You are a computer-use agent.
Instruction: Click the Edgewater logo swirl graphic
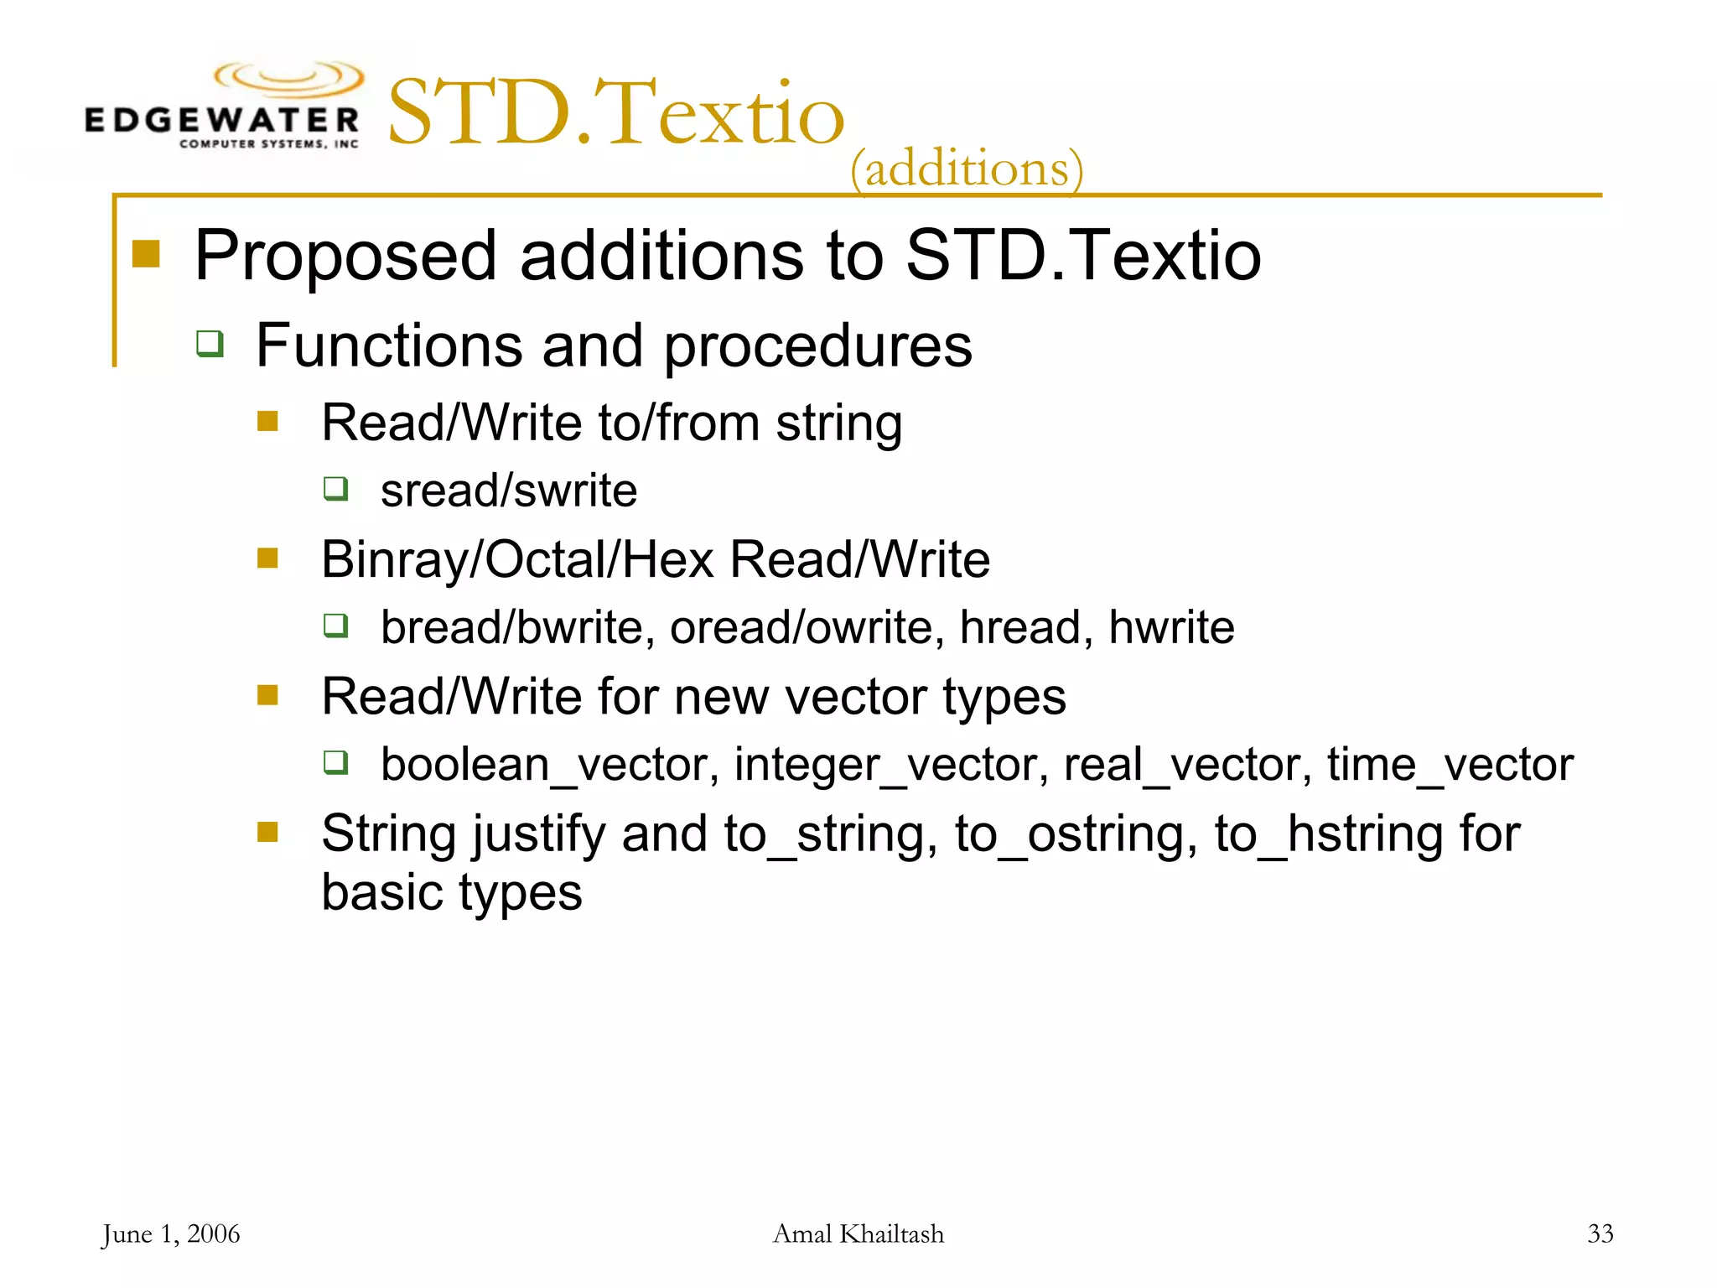(x=289, y=80)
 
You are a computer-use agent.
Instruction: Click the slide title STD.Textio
(x=616, y=113)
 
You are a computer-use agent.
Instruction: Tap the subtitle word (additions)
(x=967, y=169)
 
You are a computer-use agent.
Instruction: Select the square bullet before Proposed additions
(x=146, y=253)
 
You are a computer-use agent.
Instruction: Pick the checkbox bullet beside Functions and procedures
(x=210, y=343)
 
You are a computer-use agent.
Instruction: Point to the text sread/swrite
(x=509, y=491)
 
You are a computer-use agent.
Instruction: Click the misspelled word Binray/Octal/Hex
(x=517, y=559)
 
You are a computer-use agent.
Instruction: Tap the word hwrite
(x=1171, y=627)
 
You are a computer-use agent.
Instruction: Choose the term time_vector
(x=1450, y=765)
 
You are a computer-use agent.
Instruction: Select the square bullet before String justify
(x=267, y=832)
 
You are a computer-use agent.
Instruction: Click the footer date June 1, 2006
(x=170, y=1233)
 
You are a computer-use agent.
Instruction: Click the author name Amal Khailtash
(x=858, y=1233)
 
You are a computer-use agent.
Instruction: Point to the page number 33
(x=1600, y=1233)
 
